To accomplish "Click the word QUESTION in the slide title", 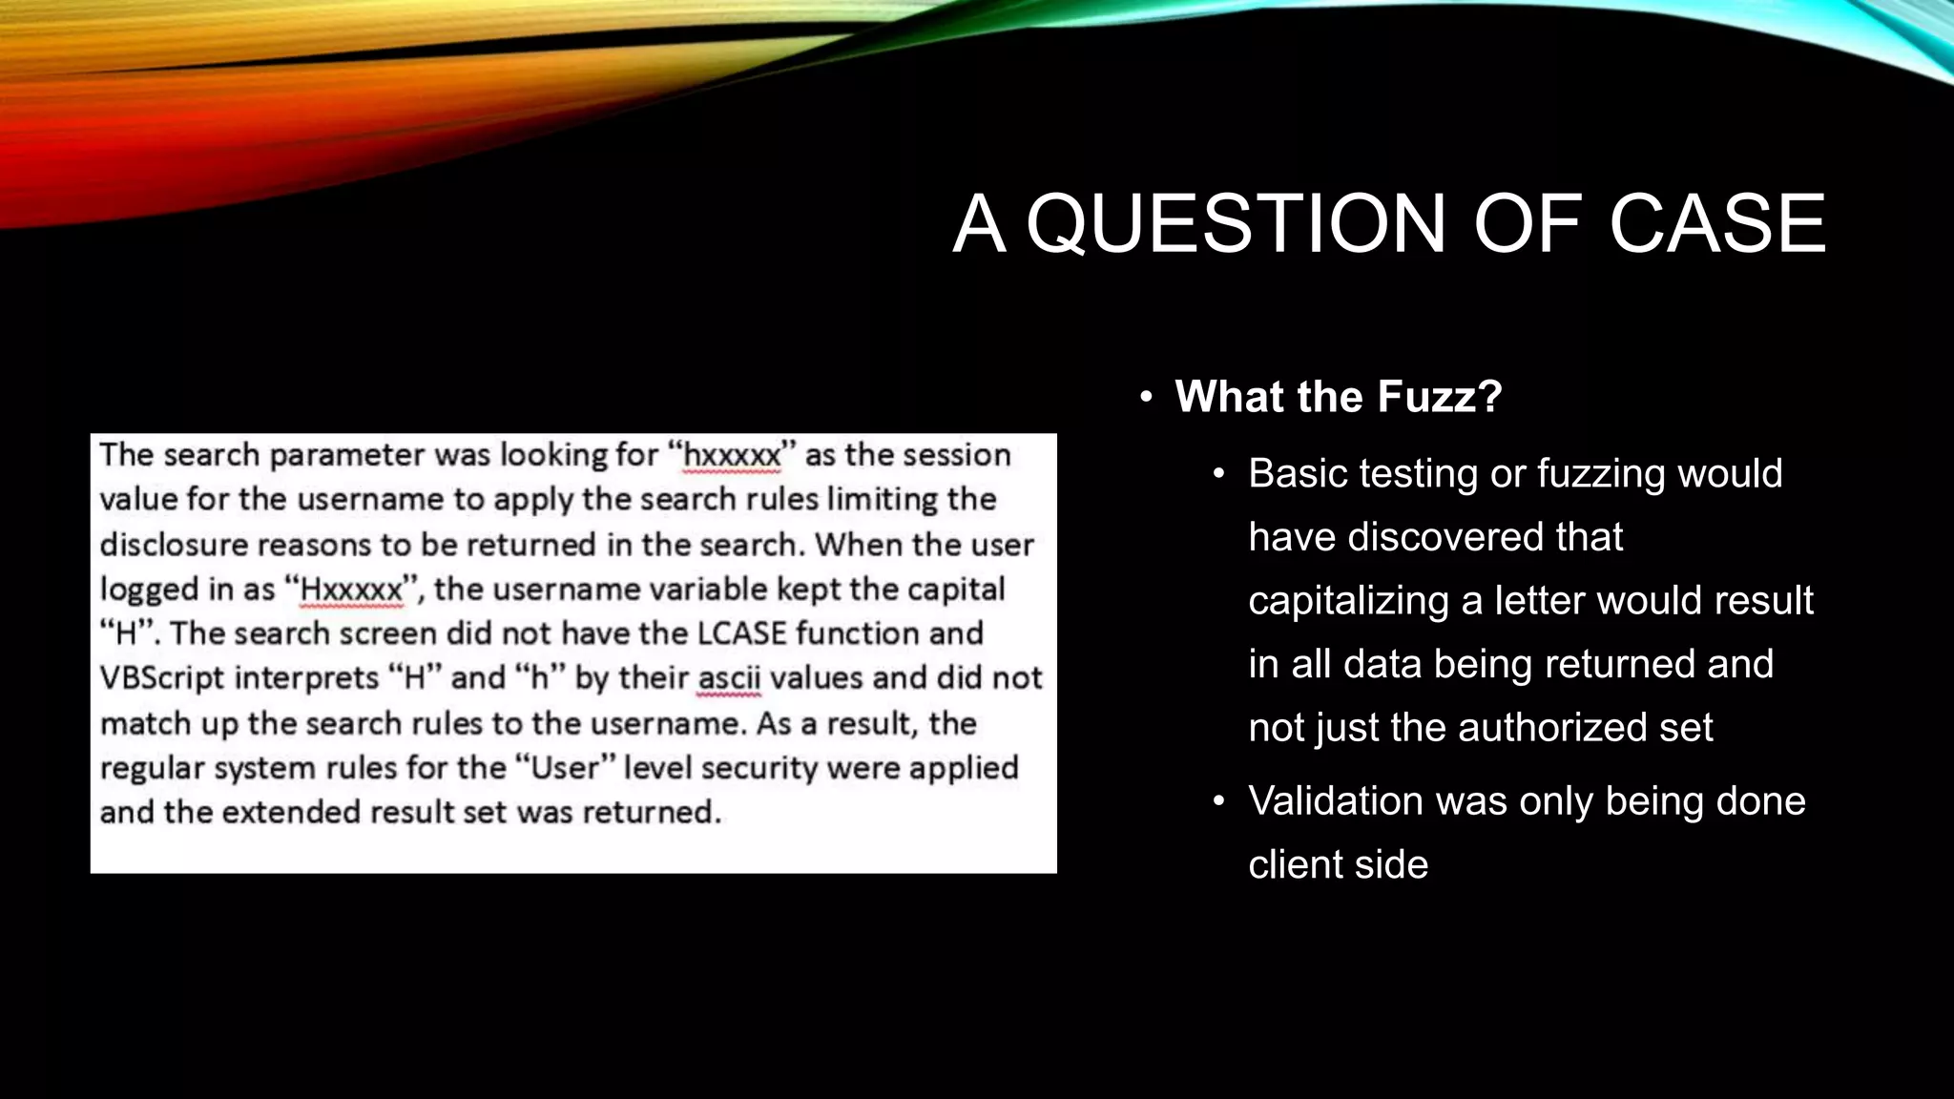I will [1237, 225].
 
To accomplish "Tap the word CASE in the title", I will [1716, 225].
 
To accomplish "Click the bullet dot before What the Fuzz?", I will [1147, 397].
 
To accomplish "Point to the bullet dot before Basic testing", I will [1218, 474].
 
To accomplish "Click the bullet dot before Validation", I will [1218, 801].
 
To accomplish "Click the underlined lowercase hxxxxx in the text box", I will [732, 455].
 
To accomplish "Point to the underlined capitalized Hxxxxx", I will [351, 590].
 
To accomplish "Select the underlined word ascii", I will [729, 678].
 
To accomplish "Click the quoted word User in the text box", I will [564, 768].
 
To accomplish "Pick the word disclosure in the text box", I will [173, 545].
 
